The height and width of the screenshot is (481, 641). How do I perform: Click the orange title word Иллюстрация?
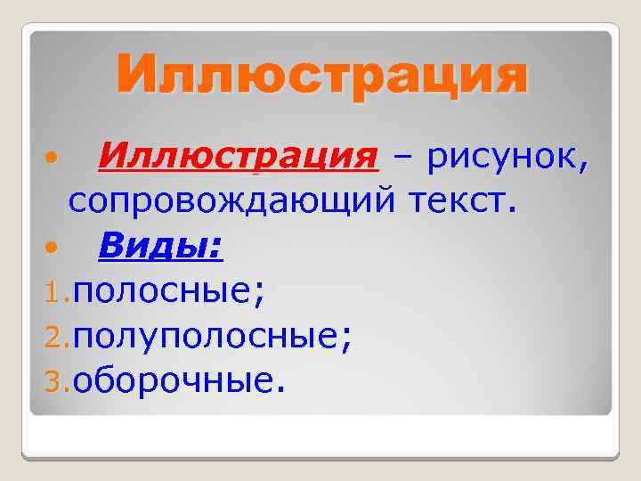point(320,76)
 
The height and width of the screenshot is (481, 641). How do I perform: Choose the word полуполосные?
point(208,336)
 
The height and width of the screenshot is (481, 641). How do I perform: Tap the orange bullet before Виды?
point(53,246)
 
